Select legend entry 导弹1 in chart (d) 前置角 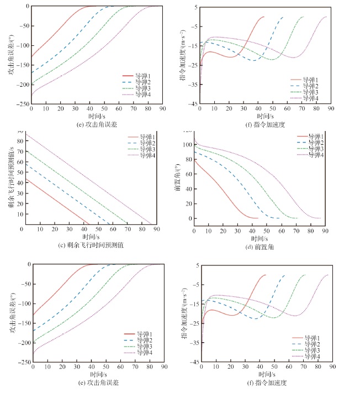click(317, 136)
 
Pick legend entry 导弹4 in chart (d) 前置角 click(317, 155)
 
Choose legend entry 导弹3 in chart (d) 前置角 click(317, 149)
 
